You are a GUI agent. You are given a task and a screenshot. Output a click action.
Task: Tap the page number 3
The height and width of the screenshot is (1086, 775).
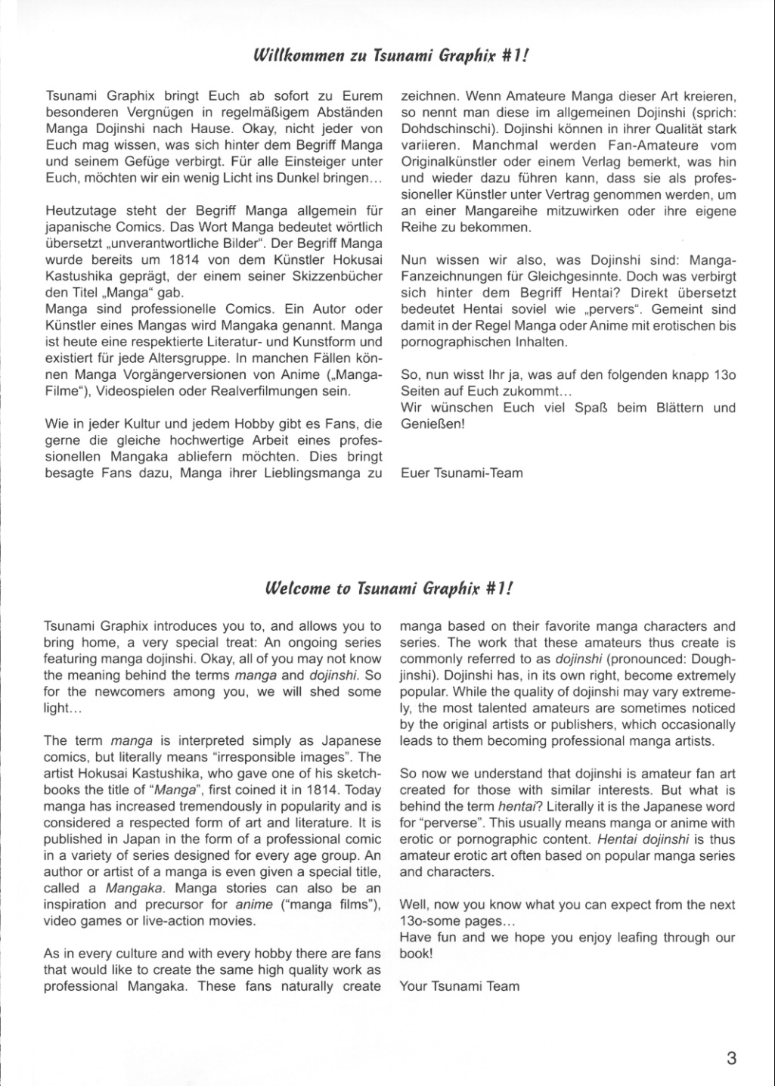(730, 1057)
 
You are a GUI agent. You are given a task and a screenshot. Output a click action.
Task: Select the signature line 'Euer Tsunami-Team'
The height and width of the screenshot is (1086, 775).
(461, 473)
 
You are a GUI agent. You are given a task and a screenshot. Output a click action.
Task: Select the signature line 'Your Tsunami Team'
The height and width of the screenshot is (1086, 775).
(459, 985)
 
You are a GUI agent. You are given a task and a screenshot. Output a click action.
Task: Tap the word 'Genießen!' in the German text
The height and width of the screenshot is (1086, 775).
(432, 424)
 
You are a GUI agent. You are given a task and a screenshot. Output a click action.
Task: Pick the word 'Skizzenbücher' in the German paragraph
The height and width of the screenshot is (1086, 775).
(340, 277)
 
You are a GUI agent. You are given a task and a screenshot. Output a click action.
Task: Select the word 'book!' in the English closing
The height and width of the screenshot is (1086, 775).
(417, 953)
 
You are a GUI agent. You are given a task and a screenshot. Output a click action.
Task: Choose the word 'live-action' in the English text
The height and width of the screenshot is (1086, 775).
(178, 920)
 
